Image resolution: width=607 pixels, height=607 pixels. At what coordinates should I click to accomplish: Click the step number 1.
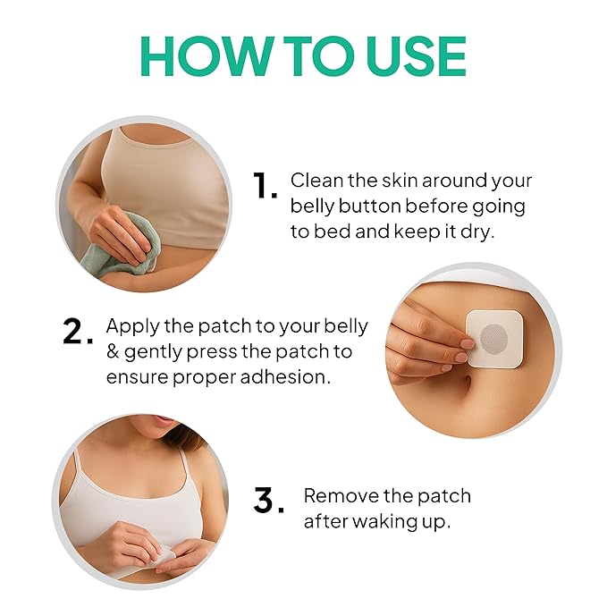(265, 186)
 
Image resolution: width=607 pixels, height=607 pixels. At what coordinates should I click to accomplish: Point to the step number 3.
(268, 501)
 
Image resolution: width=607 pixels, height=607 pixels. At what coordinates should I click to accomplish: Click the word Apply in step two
(131, 326)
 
